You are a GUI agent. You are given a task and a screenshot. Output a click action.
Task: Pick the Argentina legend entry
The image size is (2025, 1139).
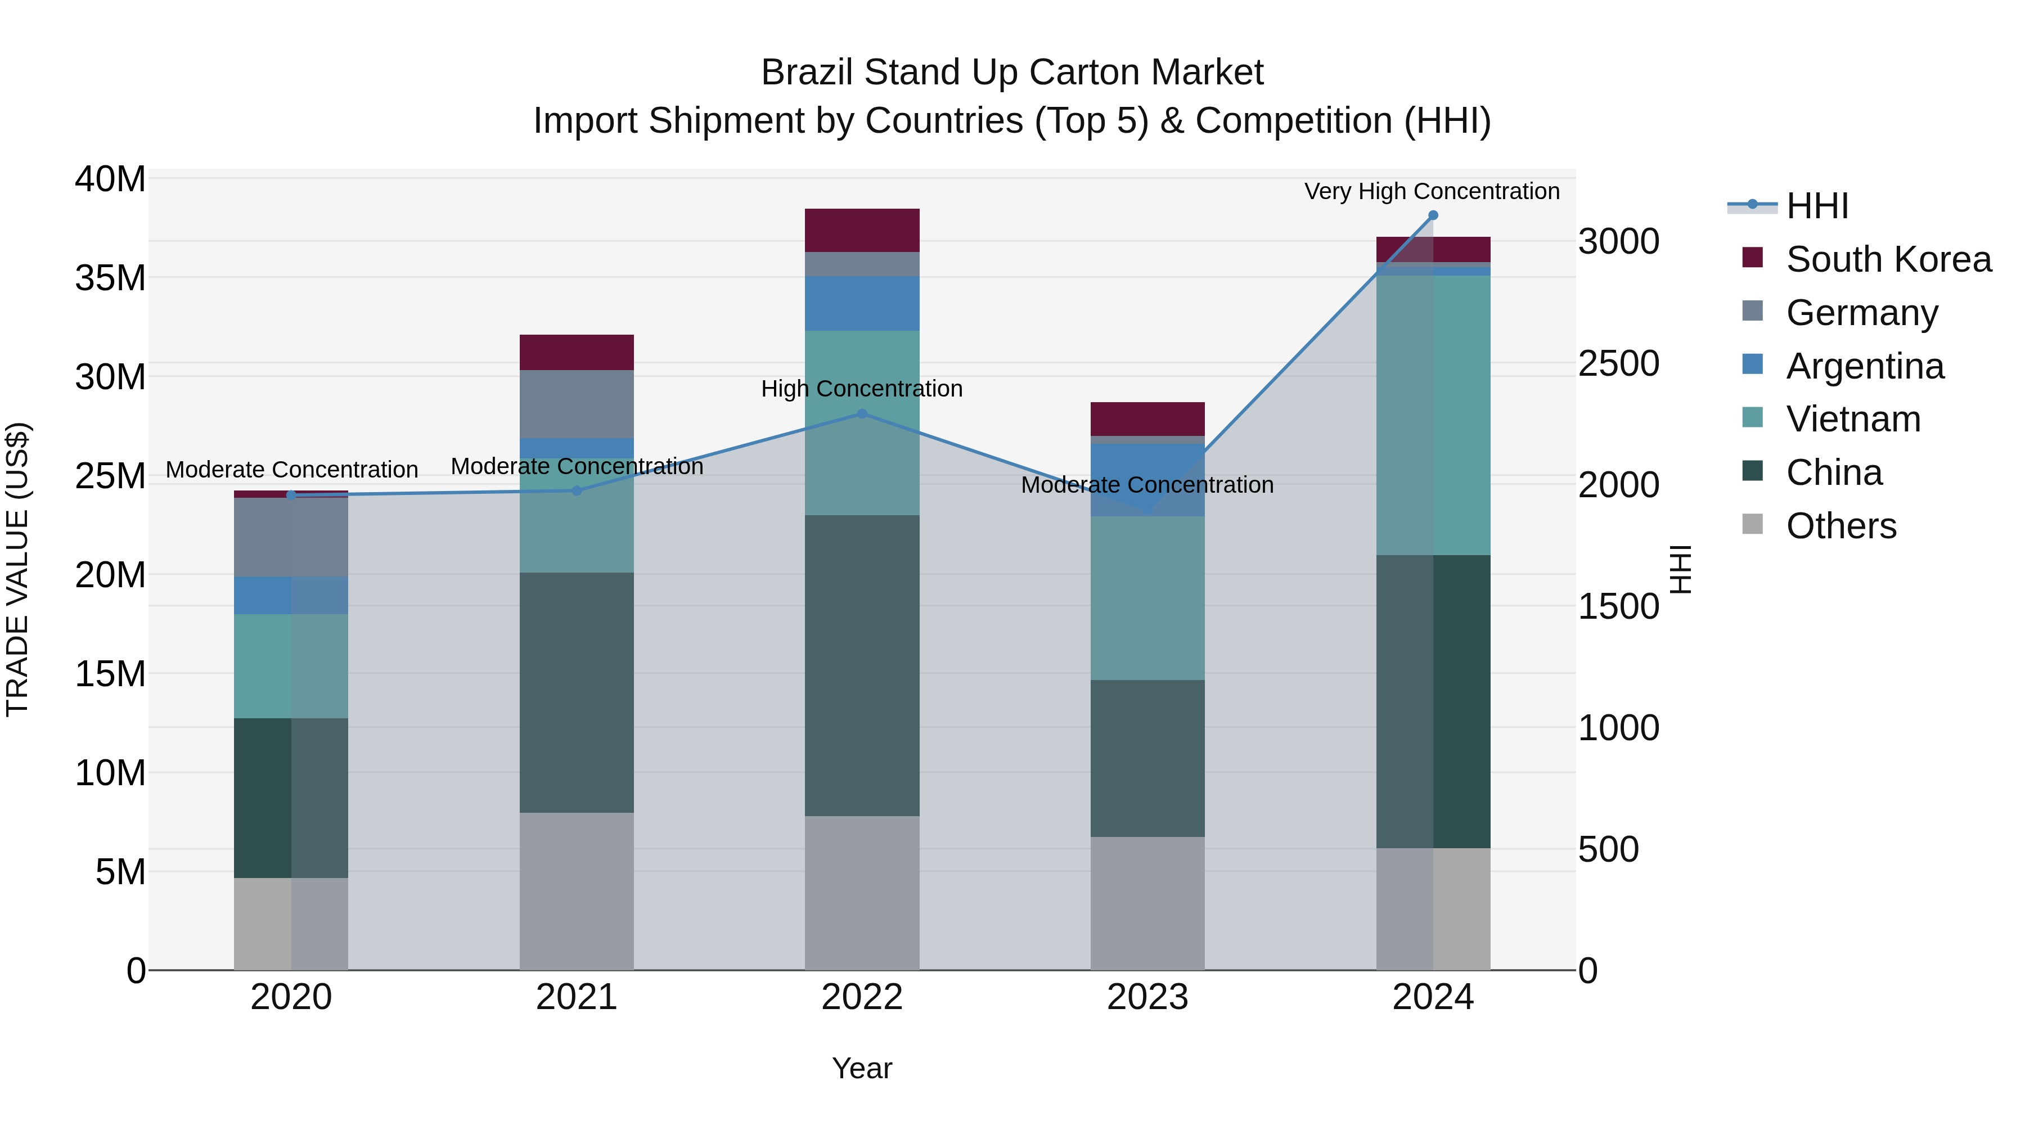click(x=1864, y=366)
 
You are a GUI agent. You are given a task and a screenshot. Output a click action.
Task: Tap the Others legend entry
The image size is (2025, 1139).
click(x=1840, y=526)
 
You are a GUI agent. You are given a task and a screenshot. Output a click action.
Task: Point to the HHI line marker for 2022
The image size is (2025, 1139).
click(x=862, y=413)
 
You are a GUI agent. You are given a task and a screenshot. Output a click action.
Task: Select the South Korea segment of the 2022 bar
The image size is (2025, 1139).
click(x=862, y=230)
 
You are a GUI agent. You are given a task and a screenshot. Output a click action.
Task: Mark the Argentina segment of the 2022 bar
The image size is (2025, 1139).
click(x=862, y=303)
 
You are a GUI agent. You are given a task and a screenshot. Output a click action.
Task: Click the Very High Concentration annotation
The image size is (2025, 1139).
click(x=1432, y=192)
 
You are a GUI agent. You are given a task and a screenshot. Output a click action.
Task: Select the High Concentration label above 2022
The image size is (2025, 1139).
click(x=862, y=389)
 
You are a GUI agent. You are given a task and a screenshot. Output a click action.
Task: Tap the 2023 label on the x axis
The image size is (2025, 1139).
click(x=1147, y=997)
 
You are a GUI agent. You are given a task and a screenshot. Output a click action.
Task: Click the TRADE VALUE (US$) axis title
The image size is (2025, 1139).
click(x=17, y=569)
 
